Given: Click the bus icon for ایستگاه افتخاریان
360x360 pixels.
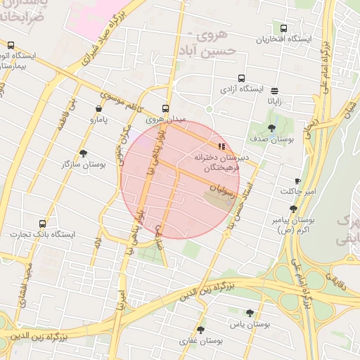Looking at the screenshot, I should (x=283, y=29).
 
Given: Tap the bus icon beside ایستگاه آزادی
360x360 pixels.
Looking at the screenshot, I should (x=242, y=79).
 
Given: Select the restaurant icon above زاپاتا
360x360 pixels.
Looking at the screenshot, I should (x=274, y=90).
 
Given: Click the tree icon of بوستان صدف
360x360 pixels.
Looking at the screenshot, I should (x=272, y=129).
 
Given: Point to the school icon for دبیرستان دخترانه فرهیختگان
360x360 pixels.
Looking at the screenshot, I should (x=222, y=147).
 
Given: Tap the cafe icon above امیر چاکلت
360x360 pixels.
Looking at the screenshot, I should (x=298, y=181).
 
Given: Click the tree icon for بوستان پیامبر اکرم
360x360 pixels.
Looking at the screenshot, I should (x=293, y=209).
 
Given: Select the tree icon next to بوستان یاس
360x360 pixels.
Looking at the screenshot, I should (x=250, y=313).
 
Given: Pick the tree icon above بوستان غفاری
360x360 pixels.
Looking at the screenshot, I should (x=201, y=330).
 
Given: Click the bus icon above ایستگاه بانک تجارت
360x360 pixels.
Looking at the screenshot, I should (x=43, y=224).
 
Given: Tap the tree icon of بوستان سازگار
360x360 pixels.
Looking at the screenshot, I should (x=84, y=153).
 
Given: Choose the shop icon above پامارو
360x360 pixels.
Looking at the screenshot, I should (x=98, y=109).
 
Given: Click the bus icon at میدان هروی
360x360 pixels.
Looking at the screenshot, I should (x=165, y=109).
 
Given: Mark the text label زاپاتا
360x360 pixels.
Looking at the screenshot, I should (x=274, y=101).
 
